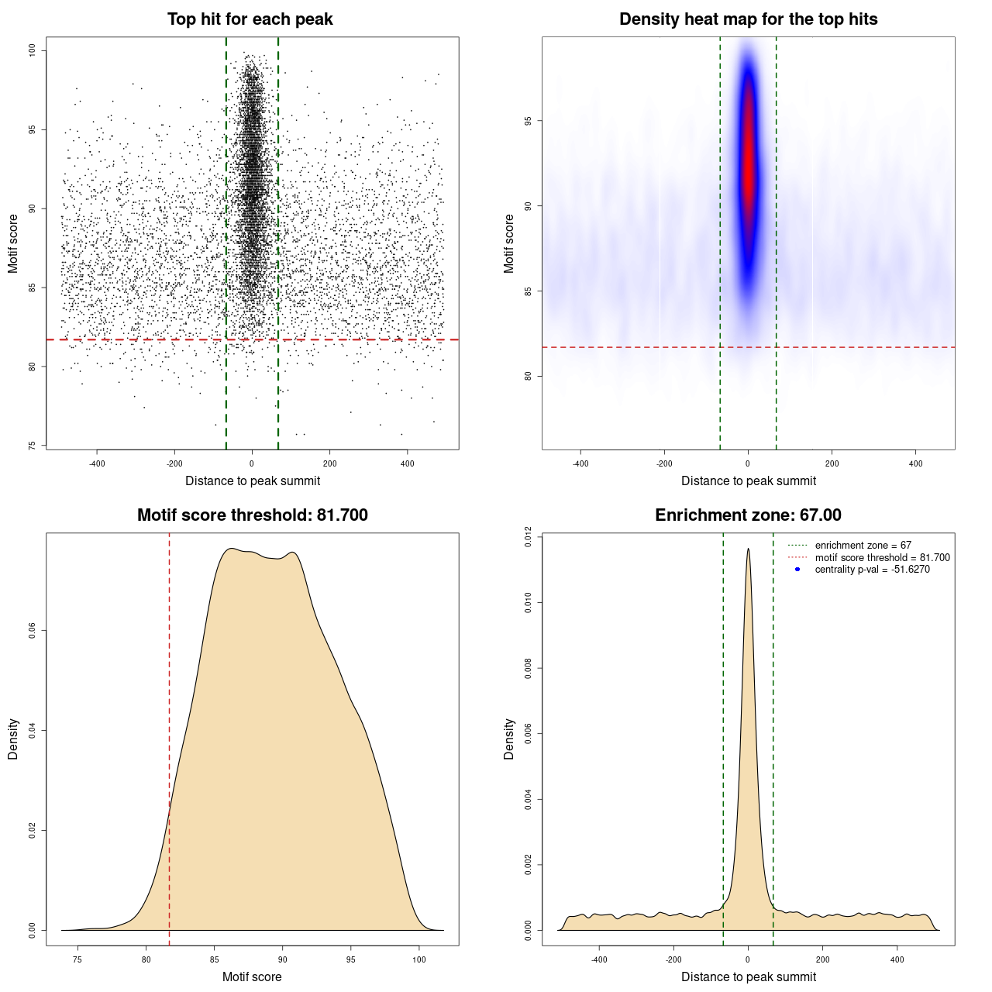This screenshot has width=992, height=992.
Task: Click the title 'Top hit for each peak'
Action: coord(250,19)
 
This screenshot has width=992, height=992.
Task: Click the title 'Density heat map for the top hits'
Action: coord(748,19)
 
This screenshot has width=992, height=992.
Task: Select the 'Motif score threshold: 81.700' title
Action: coord(252,515)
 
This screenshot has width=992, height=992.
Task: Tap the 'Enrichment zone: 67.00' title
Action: coord(748,515)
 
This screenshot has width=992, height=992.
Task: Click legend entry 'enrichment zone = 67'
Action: coord(863,546)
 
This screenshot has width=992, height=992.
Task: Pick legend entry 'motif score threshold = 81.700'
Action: coord(882,558)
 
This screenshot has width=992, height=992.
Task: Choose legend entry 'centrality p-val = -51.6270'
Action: coord(872,570)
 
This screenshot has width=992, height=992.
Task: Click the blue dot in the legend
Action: coord(797,570)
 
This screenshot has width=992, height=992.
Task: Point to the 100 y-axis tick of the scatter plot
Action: coord(32,50)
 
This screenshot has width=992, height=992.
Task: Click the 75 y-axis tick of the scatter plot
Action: coord(32,446)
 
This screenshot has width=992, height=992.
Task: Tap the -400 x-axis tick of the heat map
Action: coord(580,463)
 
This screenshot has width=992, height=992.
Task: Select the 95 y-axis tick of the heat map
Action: coord(528,121)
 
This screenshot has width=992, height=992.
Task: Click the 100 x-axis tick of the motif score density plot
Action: coord(419,959)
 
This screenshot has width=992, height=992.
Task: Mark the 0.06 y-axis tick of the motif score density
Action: coord(32,631)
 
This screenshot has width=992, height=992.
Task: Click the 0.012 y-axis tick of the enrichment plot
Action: coord(528,536)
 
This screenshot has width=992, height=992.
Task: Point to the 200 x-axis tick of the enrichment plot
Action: coord(822,959)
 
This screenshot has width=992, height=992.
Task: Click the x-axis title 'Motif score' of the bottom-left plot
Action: coord(252,976)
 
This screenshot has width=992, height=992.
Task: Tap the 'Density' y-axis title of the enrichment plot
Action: coord(509,739)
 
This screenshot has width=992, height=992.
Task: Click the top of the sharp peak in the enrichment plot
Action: coord(748,549)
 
